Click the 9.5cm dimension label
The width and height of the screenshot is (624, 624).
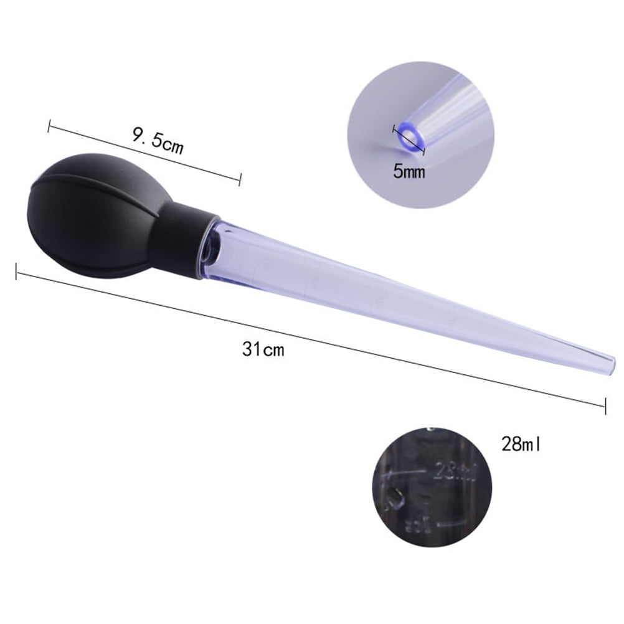tap(158, 140)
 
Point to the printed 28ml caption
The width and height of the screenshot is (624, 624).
tap(521, 445)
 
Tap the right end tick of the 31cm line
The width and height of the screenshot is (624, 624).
tap(605, 406)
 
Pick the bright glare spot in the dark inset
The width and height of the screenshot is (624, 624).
tap(394, 498)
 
